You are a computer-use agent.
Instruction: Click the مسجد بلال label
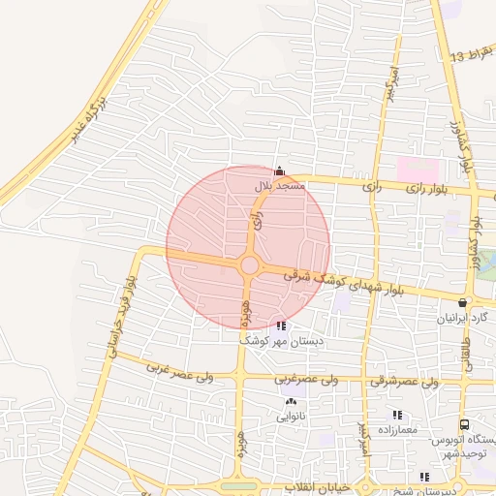pos(279,184)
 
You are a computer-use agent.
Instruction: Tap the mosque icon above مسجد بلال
pos(279,170)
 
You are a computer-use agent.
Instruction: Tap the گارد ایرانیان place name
pos(462,318)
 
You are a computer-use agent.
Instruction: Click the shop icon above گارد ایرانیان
pos(461,303)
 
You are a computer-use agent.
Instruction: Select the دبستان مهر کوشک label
pos(281,341)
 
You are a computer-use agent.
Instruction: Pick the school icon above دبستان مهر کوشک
pos(281,326)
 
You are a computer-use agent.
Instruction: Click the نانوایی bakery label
pos(291,418)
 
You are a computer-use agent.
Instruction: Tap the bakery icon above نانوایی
pos(291,402)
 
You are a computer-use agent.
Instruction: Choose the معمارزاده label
pos(397,428)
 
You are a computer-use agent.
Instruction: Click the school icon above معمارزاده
pos(397,415)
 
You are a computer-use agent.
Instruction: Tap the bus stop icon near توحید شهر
pos(465,424)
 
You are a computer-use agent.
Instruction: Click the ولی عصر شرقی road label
pos(404,382)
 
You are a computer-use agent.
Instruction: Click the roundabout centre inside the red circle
pos(249,265)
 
